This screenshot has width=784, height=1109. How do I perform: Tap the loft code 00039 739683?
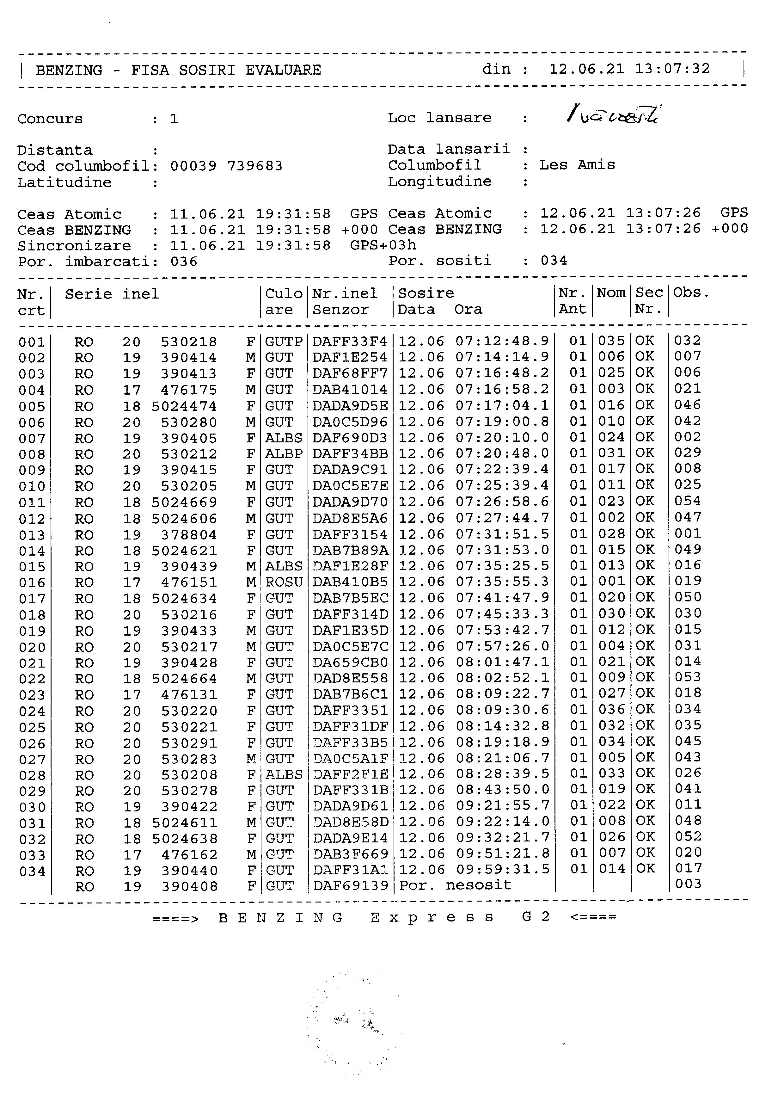pos(226,166)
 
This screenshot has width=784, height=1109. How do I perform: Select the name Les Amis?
pos(577,165)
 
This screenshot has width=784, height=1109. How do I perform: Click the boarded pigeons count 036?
pos(184,262)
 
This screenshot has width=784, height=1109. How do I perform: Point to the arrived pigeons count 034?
pos(554,261)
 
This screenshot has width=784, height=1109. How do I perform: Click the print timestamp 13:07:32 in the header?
pos(672,69)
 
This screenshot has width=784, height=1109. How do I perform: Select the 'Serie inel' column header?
pos(112,294)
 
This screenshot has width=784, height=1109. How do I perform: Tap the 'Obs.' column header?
pos(691,293)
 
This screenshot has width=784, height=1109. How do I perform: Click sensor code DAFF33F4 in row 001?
pos(350,342)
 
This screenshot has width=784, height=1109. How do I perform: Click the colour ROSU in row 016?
pos(284,582)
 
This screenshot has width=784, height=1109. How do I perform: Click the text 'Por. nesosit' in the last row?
pos(455,885)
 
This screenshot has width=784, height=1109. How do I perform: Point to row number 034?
pos(32,872)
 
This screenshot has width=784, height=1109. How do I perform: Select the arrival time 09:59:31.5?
pos(503,869)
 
